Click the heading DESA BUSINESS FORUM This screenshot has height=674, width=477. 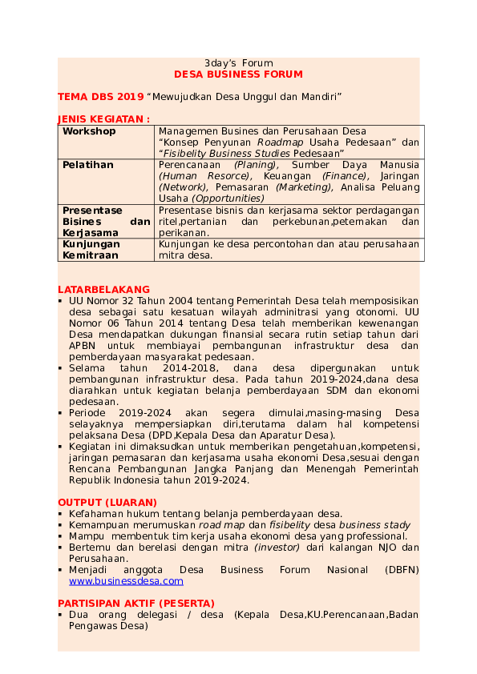point(238,74)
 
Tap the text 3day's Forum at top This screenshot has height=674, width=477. point(238,62)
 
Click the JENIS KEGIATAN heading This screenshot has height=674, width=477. point(103,118)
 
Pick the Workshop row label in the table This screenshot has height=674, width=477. point(89,131)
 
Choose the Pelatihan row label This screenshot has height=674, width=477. point(88,165)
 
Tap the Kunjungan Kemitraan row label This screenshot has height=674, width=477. point(91,249)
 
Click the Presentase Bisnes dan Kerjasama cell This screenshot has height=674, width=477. point(106,221)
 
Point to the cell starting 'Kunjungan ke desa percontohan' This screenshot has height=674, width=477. point(289,249)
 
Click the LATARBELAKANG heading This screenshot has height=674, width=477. point(103,289)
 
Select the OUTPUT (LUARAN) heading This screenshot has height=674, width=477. point(107,502)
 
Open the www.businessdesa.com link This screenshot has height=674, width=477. point(126,581)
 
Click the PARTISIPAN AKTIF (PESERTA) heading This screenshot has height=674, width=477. point(135,602)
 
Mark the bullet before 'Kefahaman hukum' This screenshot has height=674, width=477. point(61,514)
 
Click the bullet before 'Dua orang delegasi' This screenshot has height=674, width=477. point(61,614)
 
